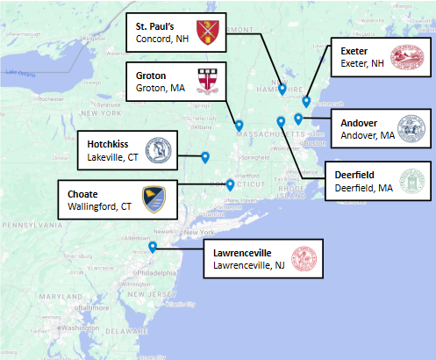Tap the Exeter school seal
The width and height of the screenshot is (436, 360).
tap(404, 58)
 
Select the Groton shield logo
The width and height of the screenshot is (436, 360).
tap(208, 79)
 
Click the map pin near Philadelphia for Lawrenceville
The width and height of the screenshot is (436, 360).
tap(152, 248)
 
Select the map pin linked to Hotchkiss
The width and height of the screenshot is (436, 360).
tap(204, 157)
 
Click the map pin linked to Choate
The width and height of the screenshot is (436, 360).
tap(230, 184)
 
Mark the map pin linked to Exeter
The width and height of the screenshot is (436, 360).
tap(305, 102)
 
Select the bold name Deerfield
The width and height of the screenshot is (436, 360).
tap(354, 175)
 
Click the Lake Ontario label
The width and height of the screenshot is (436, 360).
tap(19, 72)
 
